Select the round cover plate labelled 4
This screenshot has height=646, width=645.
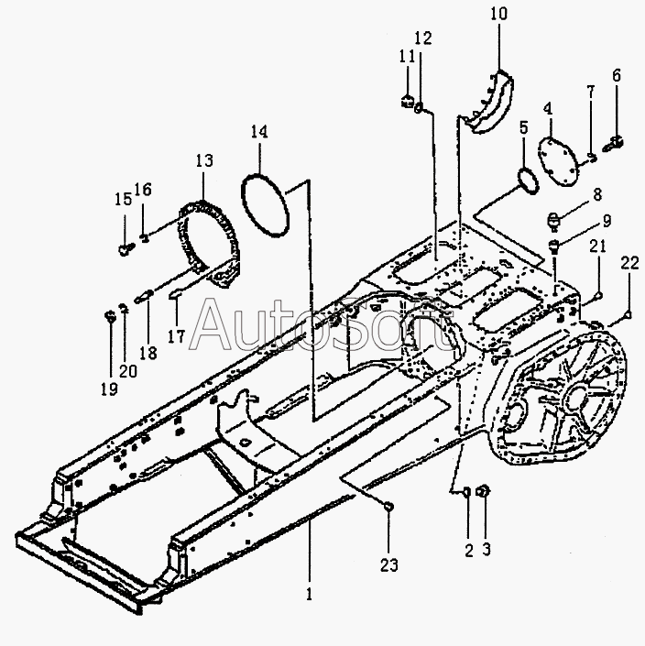click(557, 155)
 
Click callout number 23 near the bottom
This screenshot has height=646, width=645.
click(390, 565)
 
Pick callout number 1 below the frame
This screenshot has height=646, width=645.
click(309, 593)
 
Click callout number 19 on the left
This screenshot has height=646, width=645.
click(109, 389)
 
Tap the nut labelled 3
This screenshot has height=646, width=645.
click(486, 493)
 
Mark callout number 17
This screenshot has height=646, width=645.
click(175, 336)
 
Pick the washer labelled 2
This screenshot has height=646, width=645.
click(466, 493)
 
